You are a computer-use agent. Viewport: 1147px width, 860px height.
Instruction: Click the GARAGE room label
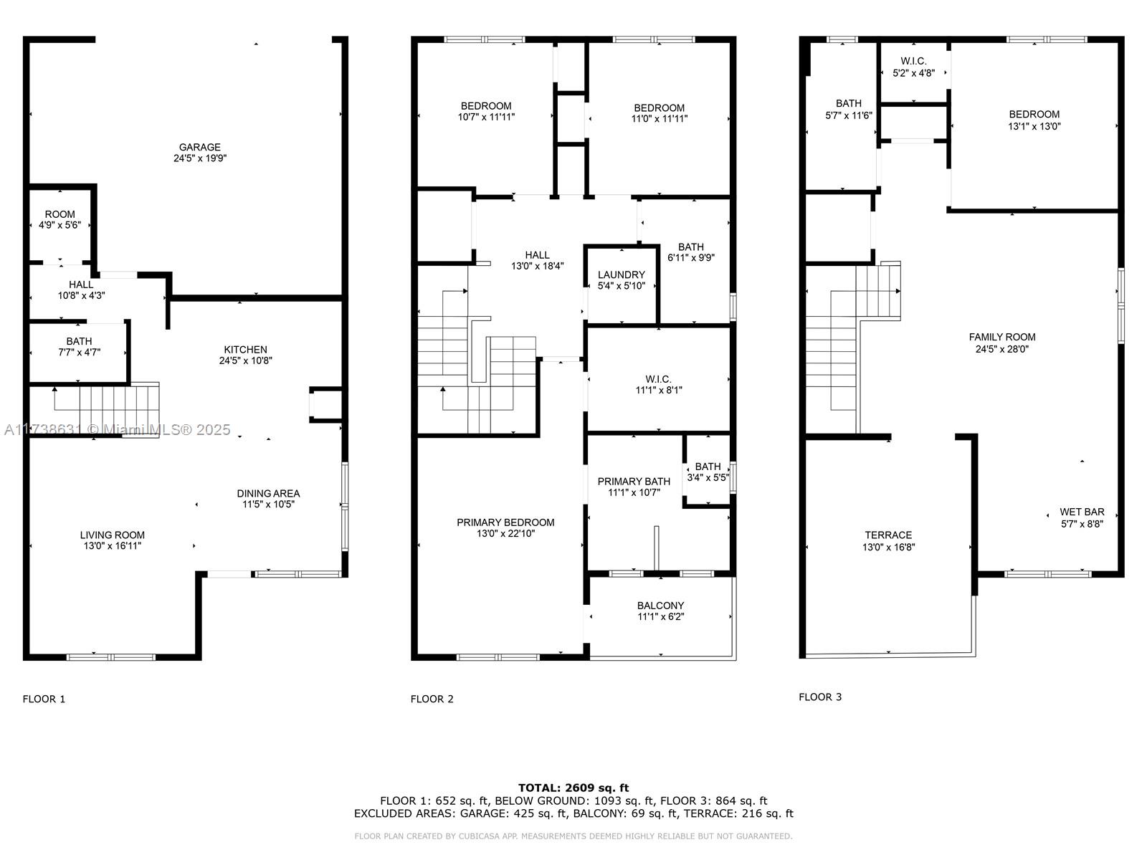(x=199, y=147)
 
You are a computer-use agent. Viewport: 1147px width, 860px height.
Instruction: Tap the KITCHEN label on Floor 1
(x=246, y=350)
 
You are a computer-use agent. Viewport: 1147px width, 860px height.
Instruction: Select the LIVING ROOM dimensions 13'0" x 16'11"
(x=113, y=546)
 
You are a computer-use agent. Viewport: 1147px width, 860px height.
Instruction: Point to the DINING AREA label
(x=268, y=494)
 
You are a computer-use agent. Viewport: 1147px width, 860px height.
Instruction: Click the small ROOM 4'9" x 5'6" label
(x=60, y=220)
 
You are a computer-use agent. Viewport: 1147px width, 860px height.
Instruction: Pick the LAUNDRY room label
(x=622, y=274)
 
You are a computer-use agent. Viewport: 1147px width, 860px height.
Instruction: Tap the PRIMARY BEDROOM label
(x=505, y=522)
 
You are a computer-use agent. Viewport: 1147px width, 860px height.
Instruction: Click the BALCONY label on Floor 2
(x=660, y=606)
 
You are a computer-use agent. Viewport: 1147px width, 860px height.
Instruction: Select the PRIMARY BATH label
(x=634, y=482)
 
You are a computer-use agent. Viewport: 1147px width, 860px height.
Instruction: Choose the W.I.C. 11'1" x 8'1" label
(x=658, y=385)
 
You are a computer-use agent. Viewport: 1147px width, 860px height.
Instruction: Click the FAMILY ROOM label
(x=1001, y=338)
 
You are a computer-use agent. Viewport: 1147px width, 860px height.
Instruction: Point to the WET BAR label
(x=1082, y=512)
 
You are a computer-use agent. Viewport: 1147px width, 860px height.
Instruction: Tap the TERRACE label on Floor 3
(x=888, y=535)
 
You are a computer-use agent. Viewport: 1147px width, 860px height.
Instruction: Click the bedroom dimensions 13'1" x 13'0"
(x=1034, y=126)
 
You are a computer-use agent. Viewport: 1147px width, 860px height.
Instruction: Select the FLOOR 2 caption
(x=432, y=699)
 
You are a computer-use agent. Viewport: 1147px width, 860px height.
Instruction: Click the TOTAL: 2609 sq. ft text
(x=573, y=788)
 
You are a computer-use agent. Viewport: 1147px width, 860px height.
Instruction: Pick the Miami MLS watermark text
(x=117, y=430)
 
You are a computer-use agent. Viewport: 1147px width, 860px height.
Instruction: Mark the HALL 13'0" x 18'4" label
(x=537, y=261)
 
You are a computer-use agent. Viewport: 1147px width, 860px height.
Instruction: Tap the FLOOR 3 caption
(x=820, y=697)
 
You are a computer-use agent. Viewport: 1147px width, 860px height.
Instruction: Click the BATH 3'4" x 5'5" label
(x=708, y=472)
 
